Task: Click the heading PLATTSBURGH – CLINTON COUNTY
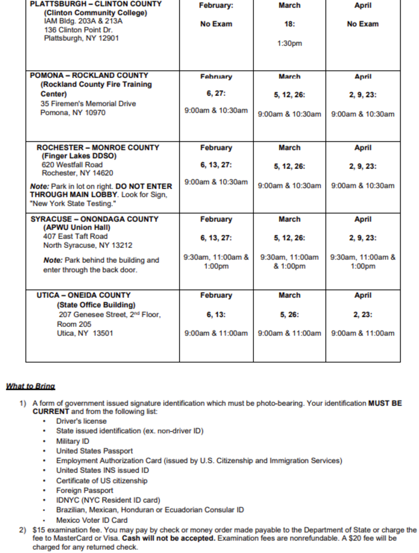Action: pos(96,4)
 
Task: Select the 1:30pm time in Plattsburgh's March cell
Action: pos(289,43)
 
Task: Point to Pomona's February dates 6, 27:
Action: pos(216,94)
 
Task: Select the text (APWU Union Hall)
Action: pos(76,228)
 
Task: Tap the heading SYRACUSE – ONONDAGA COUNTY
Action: pos(95,219)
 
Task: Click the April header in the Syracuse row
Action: pos(363,219)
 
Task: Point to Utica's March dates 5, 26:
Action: pos(289,315)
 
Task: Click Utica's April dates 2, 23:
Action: pos(363,315)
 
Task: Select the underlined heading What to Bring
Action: pos(30,386)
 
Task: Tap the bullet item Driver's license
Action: pos(81,421)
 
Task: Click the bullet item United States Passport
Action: pos(95,451)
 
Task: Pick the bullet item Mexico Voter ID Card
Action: pos(92,520)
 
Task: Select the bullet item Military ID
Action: pos(73,441)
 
